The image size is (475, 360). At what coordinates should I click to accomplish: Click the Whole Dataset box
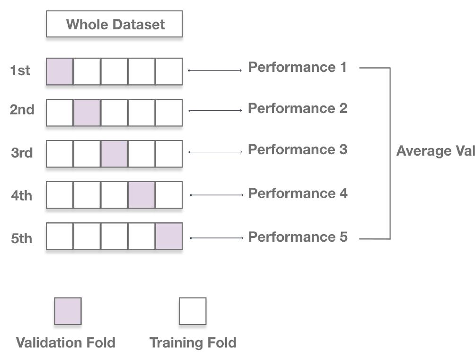click(114, 24)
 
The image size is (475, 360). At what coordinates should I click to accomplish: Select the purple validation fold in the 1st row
click(60, 71)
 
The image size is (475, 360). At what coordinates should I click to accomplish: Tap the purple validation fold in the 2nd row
click(87, 113)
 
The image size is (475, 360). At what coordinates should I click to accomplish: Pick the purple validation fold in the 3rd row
click(114, 154)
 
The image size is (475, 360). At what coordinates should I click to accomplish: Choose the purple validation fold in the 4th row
click(141, 195)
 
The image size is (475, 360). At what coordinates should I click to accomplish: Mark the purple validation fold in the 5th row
click(169, 236)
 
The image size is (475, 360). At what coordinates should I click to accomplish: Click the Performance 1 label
click(298, 68)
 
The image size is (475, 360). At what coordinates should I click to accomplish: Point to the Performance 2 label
click(298, 108)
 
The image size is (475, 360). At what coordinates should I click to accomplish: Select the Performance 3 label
click(298, 149)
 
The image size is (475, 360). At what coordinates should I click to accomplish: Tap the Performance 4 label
click(298, 193)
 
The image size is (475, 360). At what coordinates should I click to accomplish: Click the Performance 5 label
click(298, 237)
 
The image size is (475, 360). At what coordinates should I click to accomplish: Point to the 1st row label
click(20, 71)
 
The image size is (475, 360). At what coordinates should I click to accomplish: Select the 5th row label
click(22, 238)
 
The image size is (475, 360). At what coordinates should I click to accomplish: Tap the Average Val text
click(435, 151)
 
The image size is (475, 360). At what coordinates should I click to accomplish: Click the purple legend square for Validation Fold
click(68, 311)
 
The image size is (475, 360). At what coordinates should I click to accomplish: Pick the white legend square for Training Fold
click(193, 311)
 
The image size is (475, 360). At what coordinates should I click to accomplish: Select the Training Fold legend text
click(193, 342)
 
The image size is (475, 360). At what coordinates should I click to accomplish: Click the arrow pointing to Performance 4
click(217, 195)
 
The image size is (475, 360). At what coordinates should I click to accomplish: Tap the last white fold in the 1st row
click(169, 71)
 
